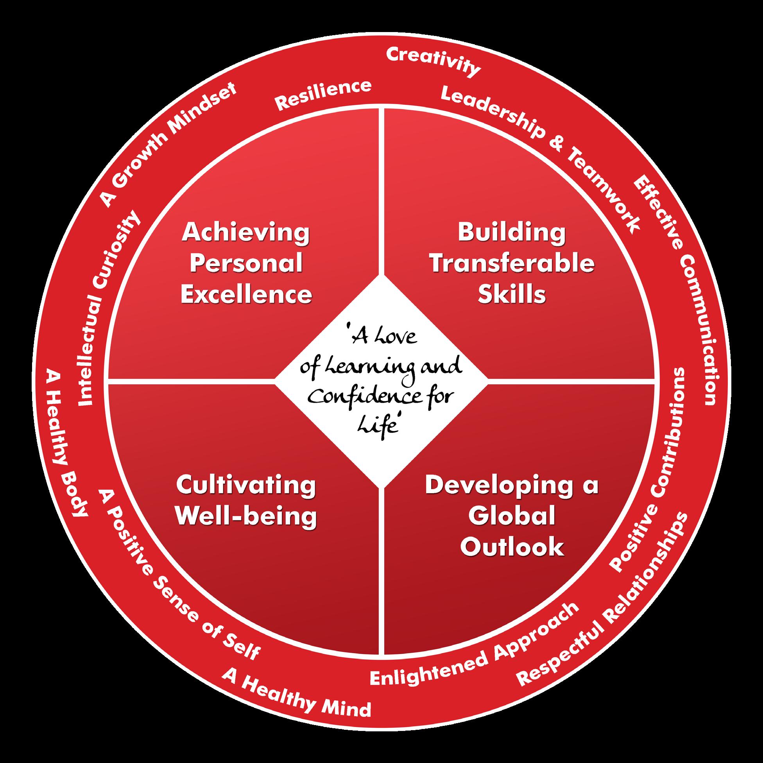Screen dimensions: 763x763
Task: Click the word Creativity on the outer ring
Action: (433, 62)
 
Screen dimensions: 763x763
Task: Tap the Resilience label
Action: (323, 95)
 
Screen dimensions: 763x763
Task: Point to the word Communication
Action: (695, 328)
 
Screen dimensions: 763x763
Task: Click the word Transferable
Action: (512, 264)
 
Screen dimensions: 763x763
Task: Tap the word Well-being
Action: (246, 516)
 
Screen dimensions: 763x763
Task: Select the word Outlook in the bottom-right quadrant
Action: (512, 546)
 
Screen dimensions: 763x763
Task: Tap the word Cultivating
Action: (246, 485)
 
